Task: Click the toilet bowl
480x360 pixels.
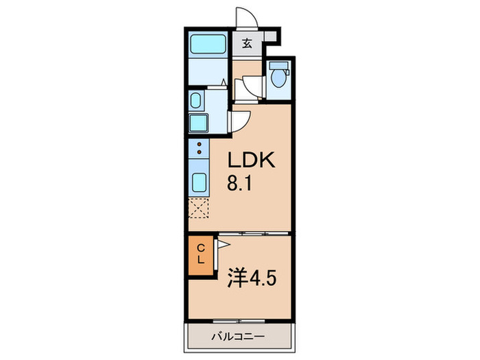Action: click(278, 75)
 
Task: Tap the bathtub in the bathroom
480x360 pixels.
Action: click(207, 45)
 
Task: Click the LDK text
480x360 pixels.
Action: click(251, 162)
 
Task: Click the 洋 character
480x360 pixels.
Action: click(236, 280)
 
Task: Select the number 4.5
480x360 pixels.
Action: click(263, 280)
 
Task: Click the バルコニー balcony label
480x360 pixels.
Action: click(237, 336)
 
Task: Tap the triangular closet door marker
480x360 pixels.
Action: click(223, 244)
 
